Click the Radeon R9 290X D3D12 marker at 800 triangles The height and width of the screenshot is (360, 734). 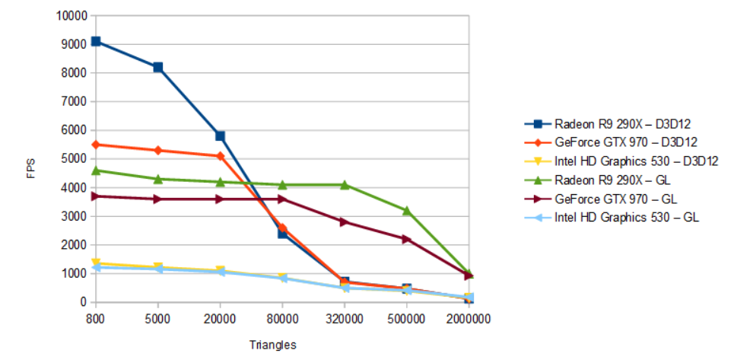96,41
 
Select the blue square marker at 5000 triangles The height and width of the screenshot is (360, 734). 157,67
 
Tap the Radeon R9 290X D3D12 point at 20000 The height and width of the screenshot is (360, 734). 220,135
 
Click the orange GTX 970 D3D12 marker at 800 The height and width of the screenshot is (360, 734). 96,144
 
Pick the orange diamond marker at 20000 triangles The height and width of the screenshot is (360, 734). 220,156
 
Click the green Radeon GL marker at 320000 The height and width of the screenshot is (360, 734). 345,184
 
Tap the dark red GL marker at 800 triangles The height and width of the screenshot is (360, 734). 96,196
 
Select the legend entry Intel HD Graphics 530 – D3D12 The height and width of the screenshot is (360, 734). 636,161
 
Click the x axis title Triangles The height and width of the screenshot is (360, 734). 272,345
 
